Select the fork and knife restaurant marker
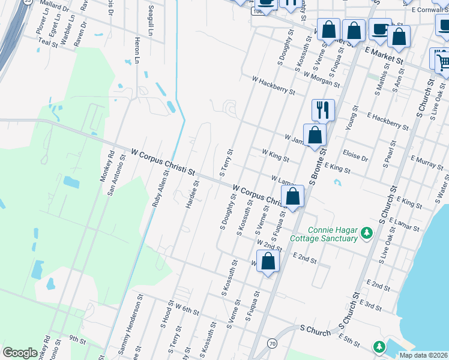[x=323, y=110]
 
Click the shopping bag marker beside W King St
[x=315, y=135]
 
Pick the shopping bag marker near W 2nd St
[x=268, y=261]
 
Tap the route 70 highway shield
[x=272, y=343]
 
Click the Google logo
[x=20, y=353]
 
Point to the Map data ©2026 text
[x=423, y=355]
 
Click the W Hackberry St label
[x=273, y=85]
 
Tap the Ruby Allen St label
[x=159, y=188]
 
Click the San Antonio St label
[x=116, y=176]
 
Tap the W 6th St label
[x=187, y=309]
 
